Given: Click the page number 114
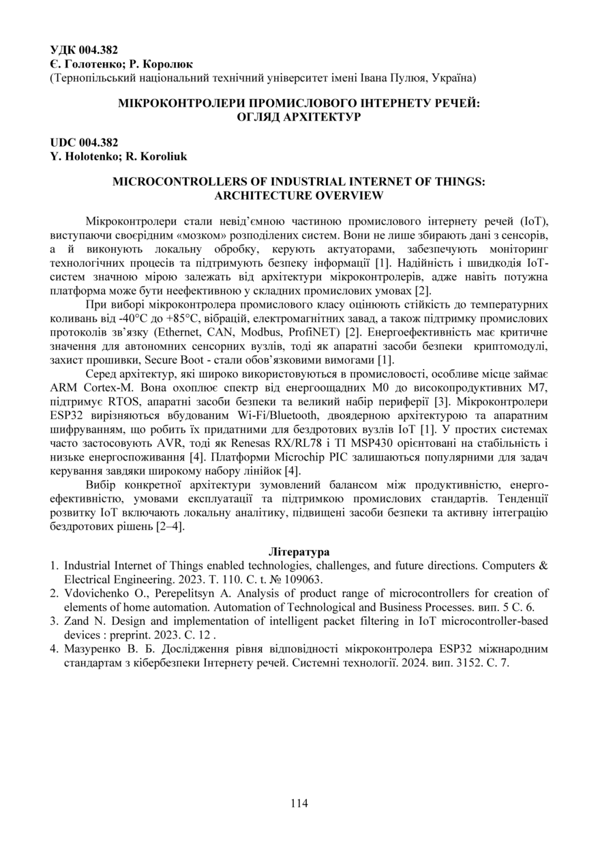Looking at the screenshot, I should pos(299,803).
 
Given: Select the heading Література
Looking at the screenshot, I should pos(299,551).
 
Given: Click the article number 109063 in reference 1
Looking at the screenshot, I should pos(300,579).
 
